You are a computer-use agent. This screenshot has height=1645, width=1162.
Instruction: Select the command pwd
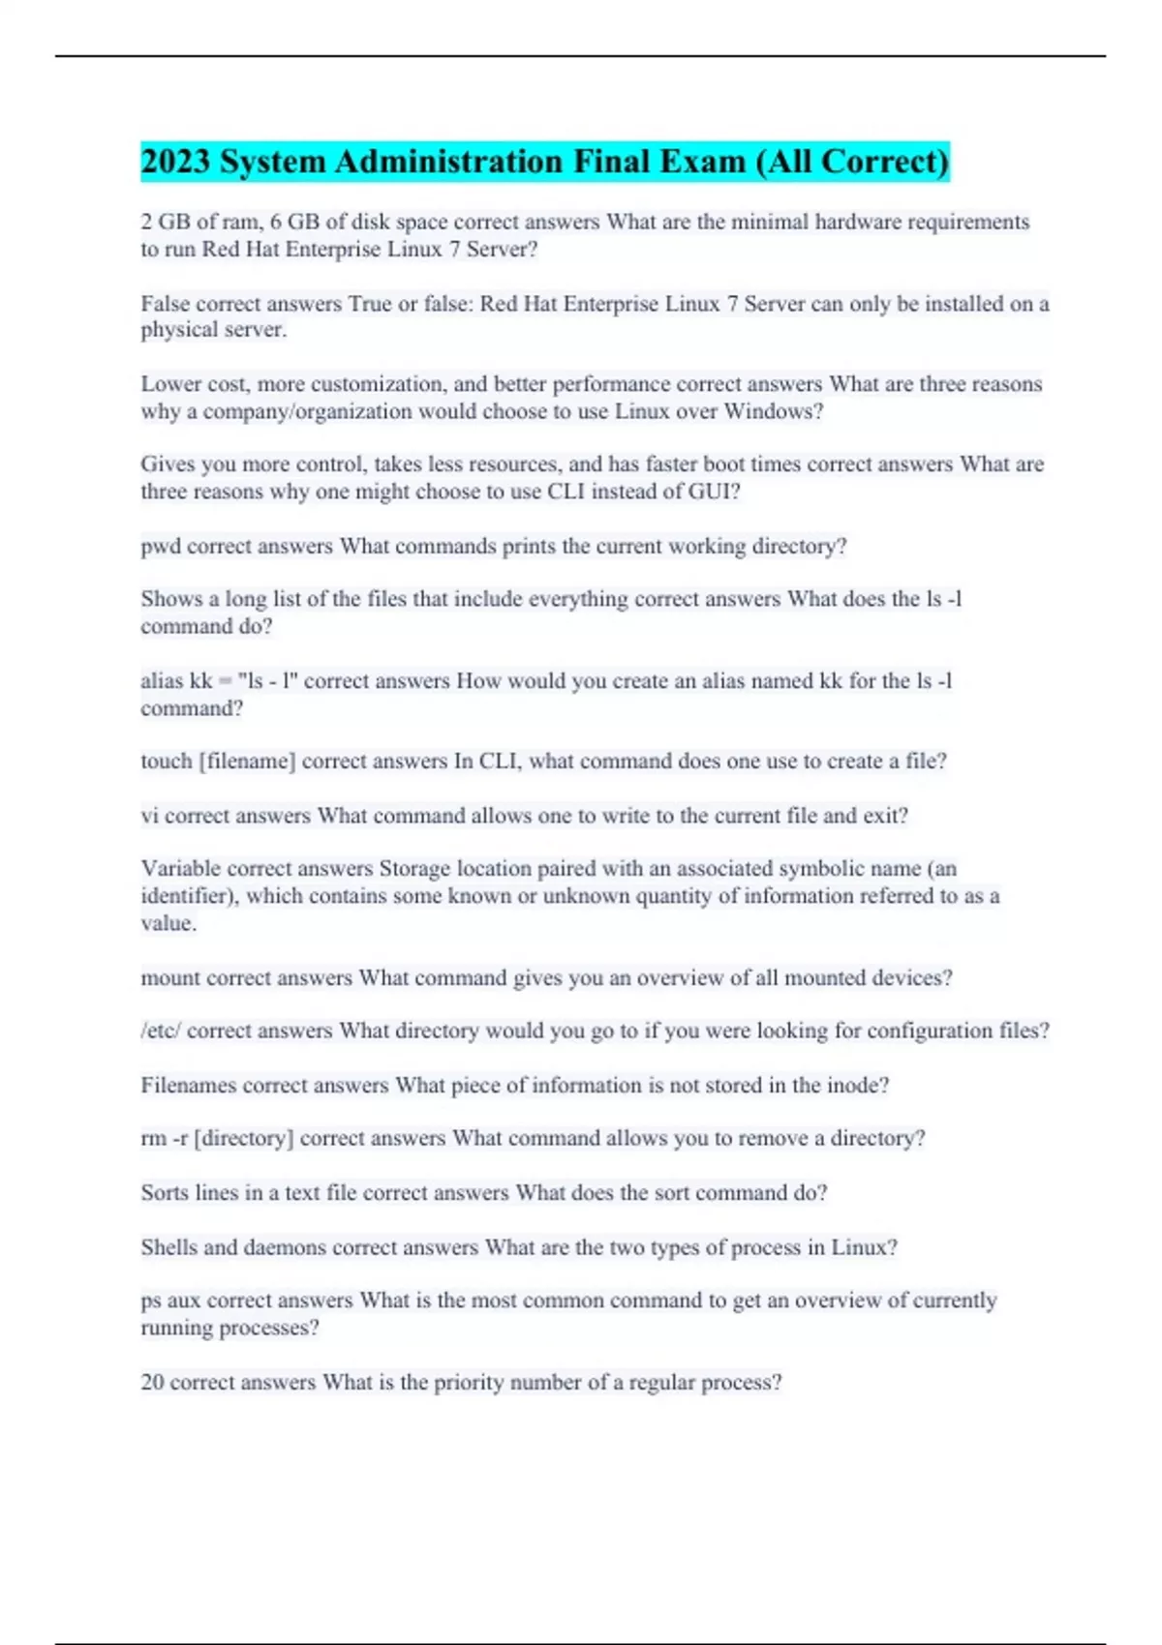click(x=160, y=547)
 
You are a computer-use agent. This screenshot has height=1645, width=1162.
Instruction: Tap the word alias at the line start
click(x=161, y=681)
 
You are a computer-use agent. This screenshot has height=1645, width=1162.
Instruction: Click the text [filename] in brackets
click(x=246, y=762)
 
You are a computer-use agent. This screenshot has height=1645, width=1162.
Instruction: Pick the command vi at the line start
click(x=149, y=816)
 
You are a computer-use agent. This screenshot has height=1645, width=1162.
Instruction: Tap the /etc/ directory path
click(x=160, y=1032)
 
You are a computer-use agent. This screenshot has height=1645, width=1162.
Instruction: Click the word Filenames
click(x=188, y=1086)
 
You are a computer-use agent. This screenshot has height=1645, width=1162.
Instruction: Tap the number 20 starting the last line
click(x=152, y=1383)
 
